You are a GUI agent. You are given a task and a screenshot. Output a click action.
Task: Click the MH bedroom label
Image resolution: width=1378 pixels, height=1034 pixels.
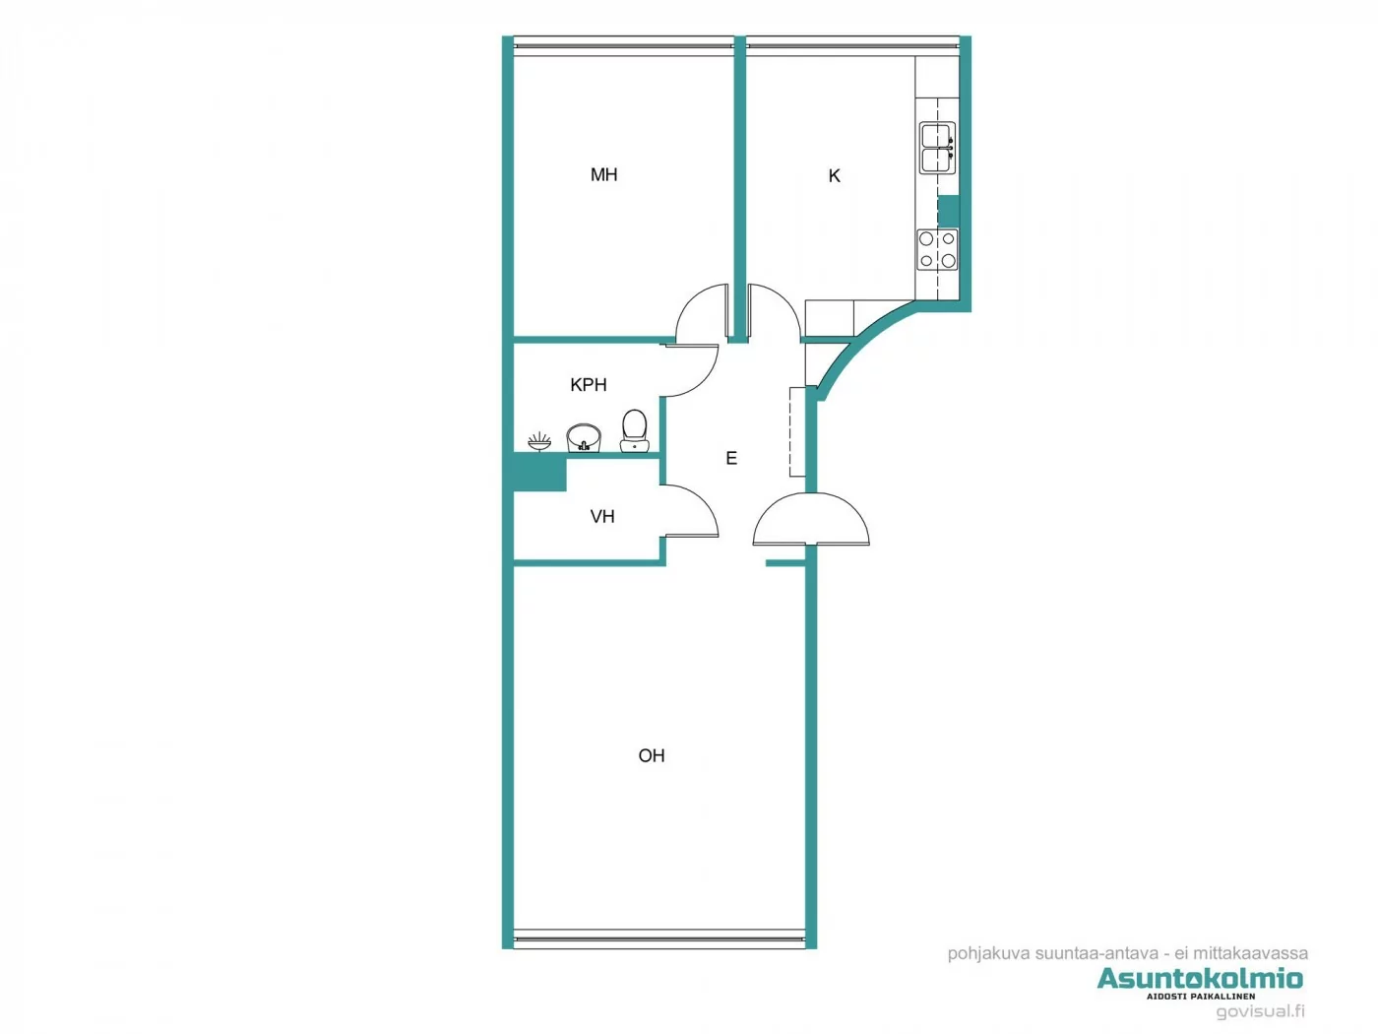coord(603,174)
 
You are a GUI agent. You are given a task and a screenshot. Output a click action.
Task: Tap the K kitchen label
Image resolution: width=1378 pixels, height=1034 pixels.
coord(835,176)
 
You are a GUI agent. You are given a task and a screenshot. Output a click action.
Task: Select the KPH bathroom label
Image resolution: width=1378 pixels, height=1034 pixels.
coord(589,385)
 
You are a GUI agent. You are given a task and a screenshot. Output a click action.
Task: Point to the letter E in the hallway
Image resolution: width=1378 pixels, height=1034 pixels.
coord(731,458)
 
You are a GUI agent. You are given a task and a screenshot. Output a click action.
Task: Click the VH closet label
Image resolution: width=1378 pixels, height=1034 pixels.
coord(602,516)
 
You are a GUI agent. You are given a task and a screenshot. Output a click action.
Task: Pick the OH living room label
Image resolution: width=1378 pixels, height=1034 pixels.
coord(652,755)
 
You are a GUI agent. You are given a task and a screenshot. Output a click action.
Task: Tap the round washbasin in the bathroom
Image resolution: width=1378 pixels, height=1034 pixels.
coord(583,437)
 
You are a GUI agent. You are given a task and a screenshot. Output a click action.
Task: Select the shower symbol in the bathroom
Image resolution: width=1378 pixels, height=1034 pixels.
coord(539,441)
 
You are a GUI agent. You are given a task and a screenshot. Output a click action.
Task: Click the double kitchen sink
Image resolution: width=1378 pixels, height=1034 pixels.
coord(936,148)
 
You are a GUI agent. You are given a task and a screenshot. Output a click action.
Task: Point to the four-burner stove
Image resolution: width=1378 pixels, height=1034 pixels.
coord(937,249)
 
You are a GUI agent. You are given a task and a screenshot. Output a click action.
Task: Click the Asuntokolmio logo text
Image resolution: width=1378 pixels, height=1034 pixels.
coord(1200,978)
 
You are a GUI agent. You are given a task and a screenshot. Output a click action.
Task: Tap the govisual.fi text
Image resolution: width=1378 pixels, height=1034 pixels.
coord(1260,1011)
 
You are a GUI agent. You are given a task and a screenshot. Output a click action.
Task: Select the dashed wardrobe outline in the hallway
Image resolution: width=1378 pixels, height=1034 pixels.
coord(797,432)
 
